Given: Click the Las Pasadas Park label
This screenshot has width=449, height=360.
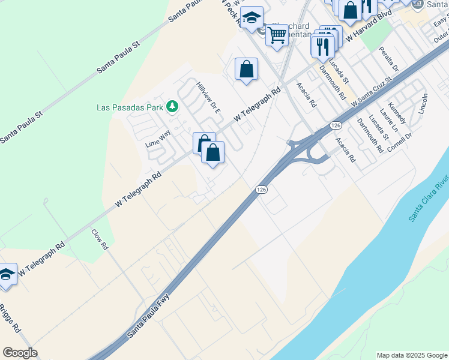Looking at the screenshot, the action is pos(130,108).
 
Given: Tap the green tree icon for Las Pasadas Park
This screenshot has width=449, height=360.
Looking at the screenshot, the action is pos(173,107).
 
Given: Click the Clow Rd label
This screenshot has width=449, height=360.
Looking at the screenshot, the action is pos(100,239).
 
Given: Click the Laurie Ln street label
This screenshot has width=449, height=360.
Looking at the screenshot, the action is pos(390,120).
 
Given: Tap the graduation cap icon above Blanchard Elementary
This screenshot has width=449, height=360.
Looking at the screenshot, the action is pos(252,17).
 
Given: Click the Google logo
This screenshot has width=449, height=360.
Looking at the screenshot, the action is pos(20,353).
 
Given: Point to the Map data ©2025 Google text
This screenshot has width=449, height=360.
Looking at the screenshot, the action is pos(411,355).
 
